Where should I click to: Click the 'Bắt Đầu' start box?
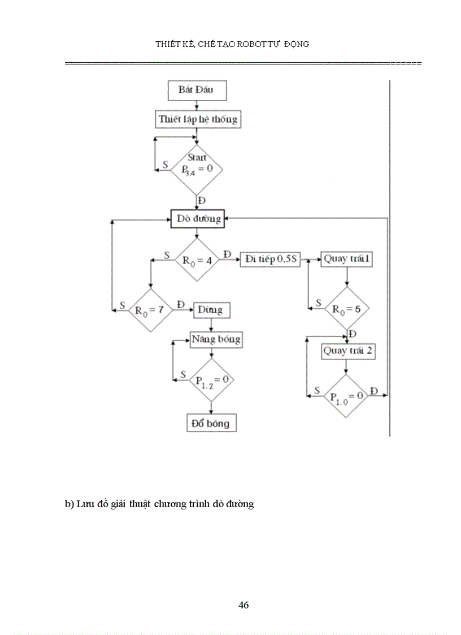click(x=195, y=90)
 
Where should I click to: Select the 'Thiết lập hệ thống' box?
click(x=198, y=119)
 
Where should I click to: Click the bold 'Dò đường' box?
click(x=198, y=219)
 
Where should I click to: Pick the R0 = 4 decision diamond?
click(x=197, y=260)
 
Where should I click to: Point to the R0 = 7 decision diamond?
click(x=150, y=309)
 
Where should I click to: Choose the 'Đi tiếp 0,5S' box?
click(x=271, y=260)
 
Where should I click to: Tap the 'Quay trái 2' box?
click(x=348, y=351)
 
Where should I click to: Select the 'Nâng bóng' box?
click(x=216, y=339)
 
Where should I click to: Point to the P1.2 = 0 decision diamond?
click(x=211, y=379)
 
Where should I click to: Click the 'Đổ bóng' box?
click(x=211, y=422)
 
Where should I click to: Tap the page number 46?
click(x=243, y=605)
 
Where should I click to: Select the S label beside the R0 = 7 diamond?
click(x=122, y=305)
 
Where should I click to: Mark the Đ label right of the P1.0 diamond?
click(x=373, y=391)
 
